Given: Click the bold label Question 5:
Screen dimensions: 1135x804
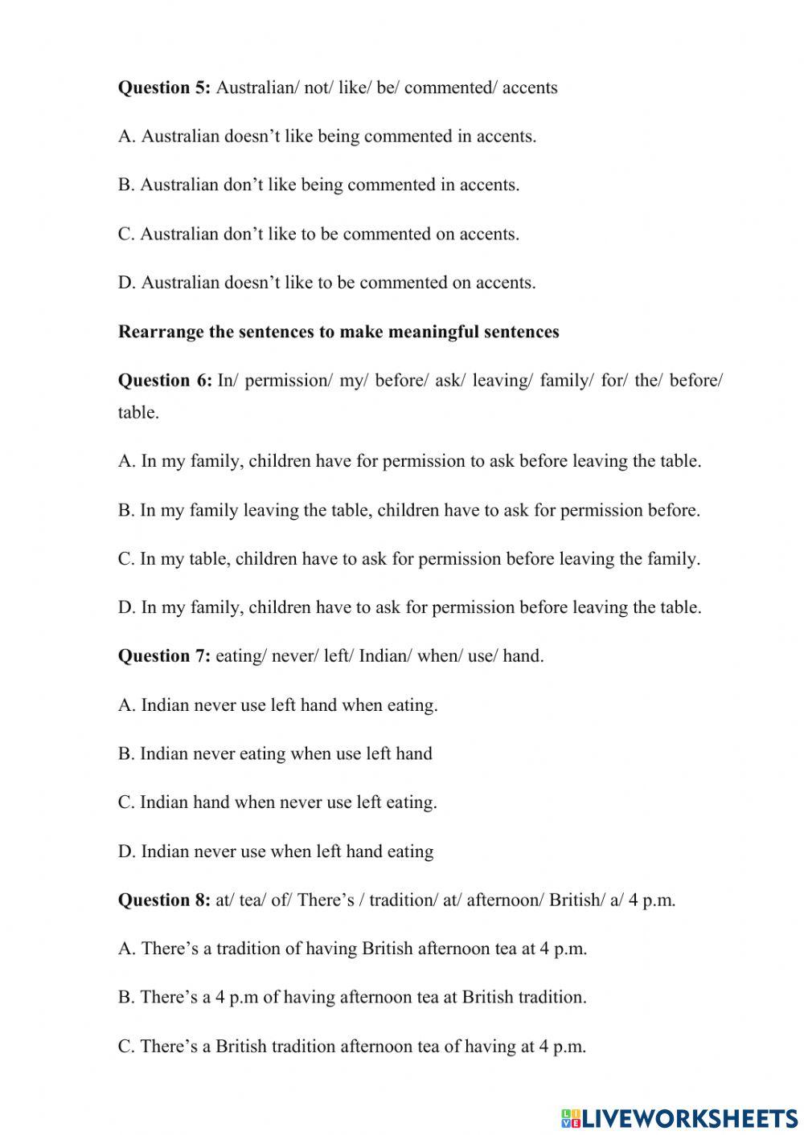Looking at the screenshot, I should (x=164, y=88).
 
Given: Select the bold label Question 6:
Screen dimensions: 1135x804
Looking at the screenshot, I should (x=165, y=380).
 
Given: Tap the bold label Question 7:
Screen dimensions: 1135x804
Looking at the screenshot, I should (x=164, y=656).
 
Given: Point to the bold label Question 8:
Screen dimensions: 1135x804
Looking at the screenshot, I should (x=164, y=900).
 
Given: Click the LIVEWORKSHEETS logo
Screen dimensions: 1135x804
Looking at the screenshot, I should (x=679, y=1117).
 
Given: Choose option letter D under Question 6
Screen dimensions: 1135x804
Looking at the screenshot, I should (x=126, y=607).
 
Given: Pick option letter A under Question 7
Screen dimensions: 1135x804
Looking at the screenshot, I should (x=126, y=705).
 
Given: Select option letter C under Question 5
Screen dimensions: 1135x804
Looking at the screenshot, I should (x=125, y=234).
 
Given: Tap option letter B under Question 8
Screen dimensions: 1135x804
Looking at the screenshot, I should (x=125, y=997).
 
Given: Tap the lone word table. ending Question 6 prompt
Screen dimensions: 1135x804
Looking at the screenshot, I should (x=138, y=413).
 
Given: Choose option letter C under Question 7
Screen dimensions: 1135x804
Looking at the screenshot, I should (x=125, y=802).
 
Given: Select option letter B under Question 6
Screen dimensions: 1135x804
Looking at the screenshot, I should (x=125, y=510).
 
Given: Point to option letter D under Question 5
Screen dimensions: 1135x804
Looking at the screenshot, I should (x=126, y=283).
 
